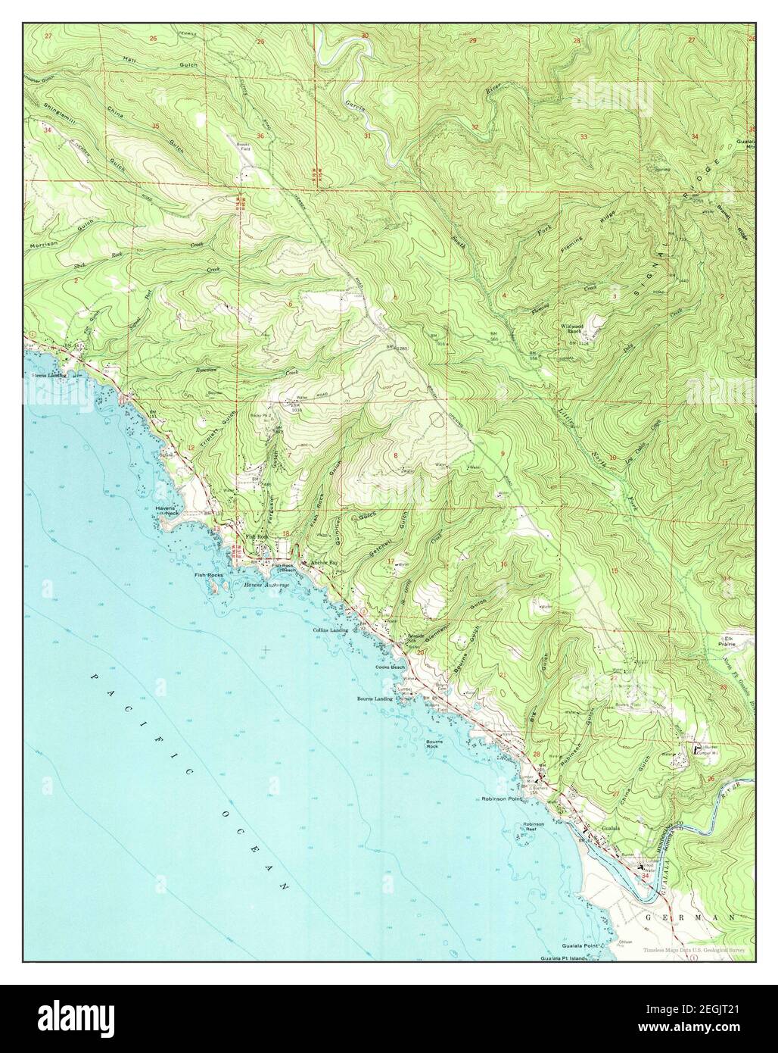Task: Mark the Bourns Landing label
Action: [375, 698]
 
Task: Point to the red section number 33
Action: [583, 136]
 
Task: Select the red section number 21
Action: [503, 674]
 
